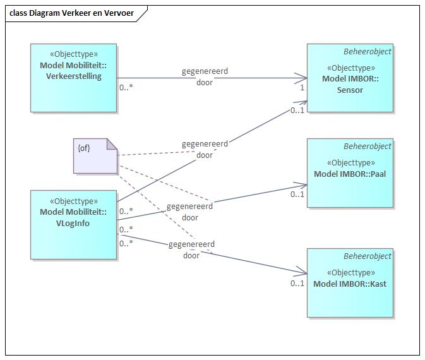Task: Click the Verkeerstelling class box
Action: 73,78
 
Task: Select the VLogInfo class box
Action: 73,224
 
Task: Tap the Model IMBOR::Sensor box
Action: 350,78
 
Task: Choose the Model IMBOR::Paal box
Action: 350,172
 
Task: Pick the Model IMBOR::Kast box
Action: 350,282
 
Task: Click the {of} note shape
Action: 95,156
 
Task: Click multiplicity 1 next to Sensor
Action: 302,88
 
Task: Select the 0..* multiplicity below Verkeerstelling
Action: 126,88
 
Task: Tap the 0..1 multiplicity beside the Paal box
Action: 297,195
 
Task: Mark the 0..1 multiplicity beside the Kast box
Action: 297,284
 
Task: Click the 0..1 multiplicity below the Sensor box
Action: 297,111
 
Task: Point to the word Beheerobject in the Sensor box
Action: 368,52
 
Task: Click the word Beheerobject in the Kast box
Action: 368,256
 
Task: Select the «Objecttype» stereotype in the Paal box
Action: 350,163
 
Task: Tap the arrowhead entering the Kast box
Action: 304,273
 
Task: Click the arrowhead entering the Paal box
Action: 304,185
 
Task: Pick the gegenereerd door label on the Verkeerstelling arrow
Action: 205,77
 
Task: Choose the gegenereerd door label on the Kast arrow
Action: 191,250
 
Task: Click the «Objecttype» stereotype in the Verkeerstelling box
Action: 73,55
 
